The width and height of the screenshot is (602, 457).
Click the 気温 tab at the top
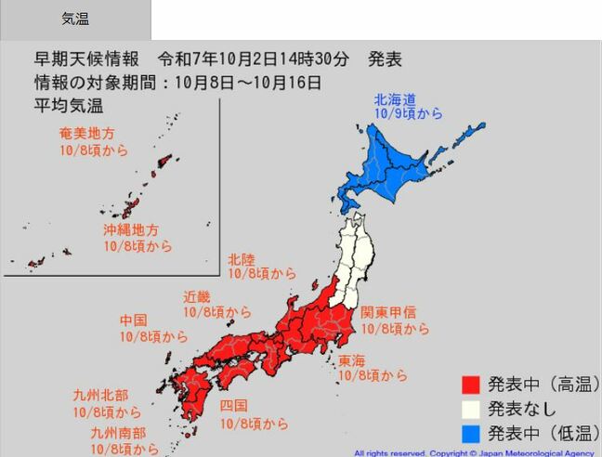coord(75,19)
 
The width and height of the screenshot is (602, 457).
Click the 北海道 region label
coord(395,98)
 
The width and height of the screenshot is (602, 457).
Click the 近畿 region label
coord(197,297)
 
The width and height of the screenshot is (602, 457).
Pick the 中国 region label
coord(133,320)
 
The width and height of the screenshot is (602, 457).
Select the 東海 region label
coord(351,360)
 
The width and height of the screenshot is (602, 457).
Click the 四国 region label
coord(234,406)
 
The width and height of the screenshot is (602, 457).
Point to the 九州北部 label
coord(100,396)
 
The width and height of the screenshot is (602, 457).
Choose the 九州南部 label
coord(118,433)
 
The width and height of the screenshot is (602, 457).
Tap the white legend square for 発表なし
coord(471,409)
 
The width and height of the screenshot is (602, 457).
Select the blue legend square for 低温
coord(471,433)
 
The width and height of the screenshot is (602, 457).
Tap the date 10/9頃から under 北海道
coord(408,114)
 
